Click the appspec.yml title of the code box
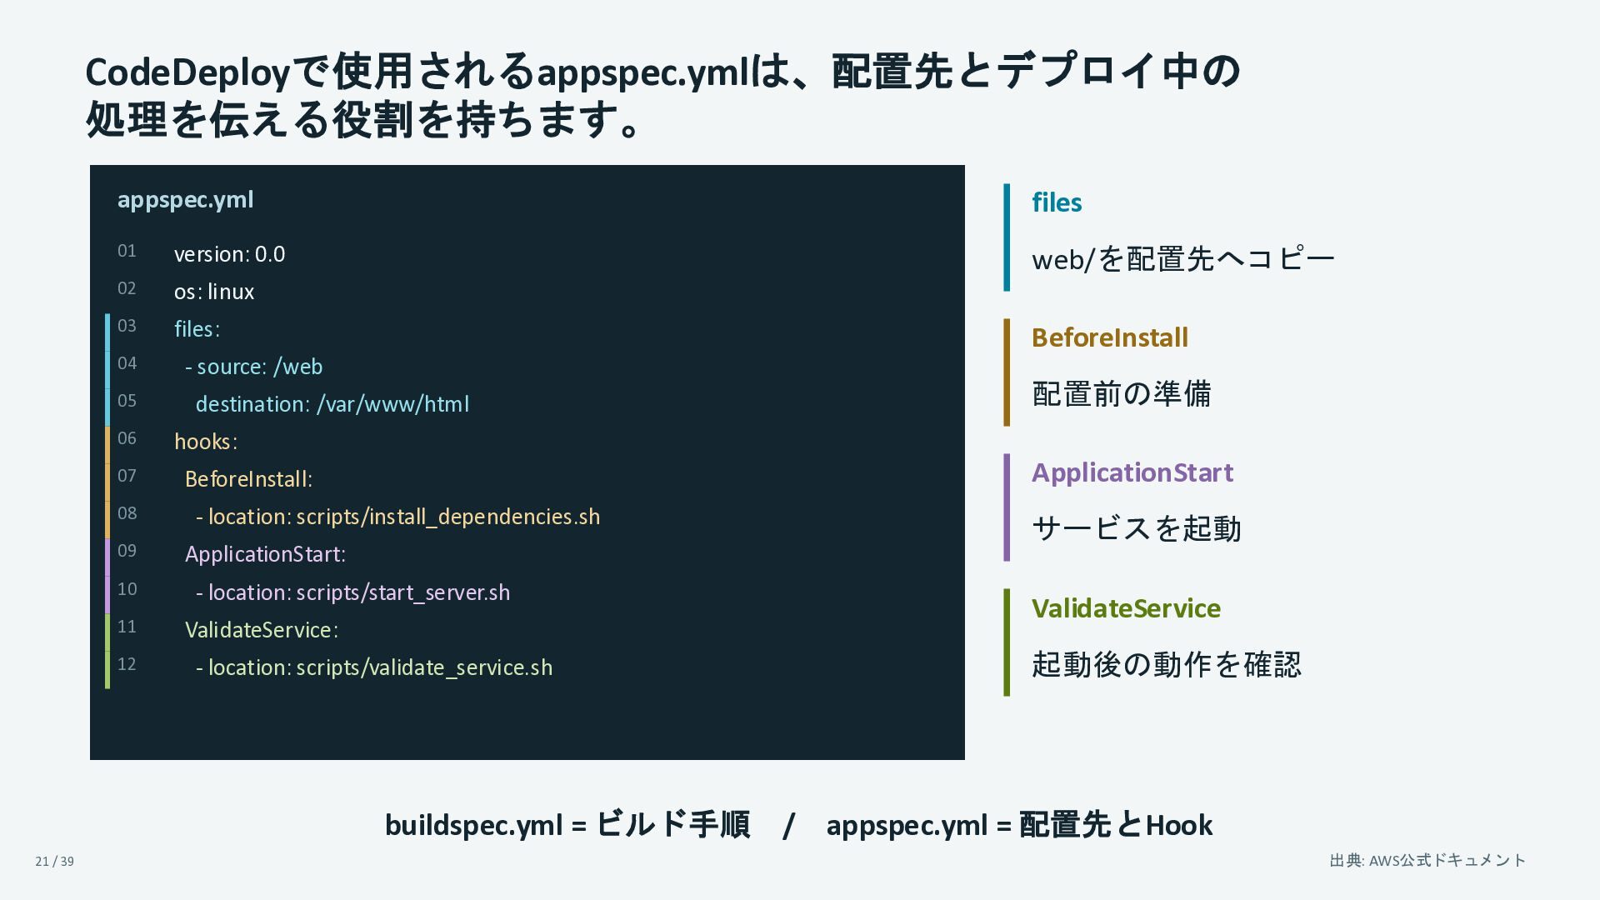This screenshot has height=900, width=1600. pyautogui.click(x=185, y=200)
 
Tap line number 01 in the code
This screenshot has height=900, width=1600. pyautogui.click(x=127, y=251)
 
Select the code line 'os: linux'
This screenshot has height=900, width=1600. pyautogui.click(x=214, y=292)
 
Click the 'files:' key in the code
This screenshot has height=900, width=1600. pyautogui.click(x=197, y=329)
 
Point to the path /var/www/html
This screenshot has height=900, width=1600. pyautogui.click(x=392, y=404)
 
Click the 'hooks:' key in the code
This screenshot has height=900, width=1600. pyautogui.click(x=206, y=442)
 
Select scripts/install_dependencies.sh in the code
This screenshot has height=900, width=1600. pyautogui.click(x=448, y=517)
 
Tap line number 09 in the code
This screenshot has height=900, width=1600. pyautogui.click(x=127, y=551)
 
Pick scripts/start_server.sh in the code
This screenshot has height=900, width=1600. pyautogui.click(x=403, y=592)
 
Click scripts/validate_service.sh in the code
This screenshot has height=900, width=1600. pyautogui.click(x=424, y=667)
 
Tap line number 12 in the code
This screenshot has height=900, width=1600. pyautogui.click(x=127, y=664)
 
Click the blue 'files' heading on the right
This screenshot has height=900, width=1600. pyautogui.click(x=1057, y=202)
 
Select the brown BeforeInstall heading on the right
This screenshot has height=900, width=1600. pyautogui.click(x=1110, y=337)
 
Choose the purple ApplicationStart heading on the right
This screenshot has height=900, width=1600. pyautogui.click(x=1132, y=472)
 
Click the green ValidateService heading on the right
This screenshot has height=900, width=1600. pyautogui.click(x=1126, y=608)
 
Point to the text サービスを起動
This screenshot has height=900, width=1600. pyautogui.click(x=1137, y=528)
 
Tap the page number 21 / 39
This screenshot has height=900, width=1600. pyautogui.click(x=54, y=862)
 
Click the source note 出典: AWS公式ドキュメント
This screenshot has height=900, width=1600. pyautogui.click(x=1427, y=860)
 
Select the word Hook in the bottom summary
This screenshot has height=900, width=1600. pyautogui.click(x=1179, y=825)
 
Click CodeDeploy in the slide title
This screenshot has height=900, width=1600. pyautogui.click(x=187, y=73)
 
